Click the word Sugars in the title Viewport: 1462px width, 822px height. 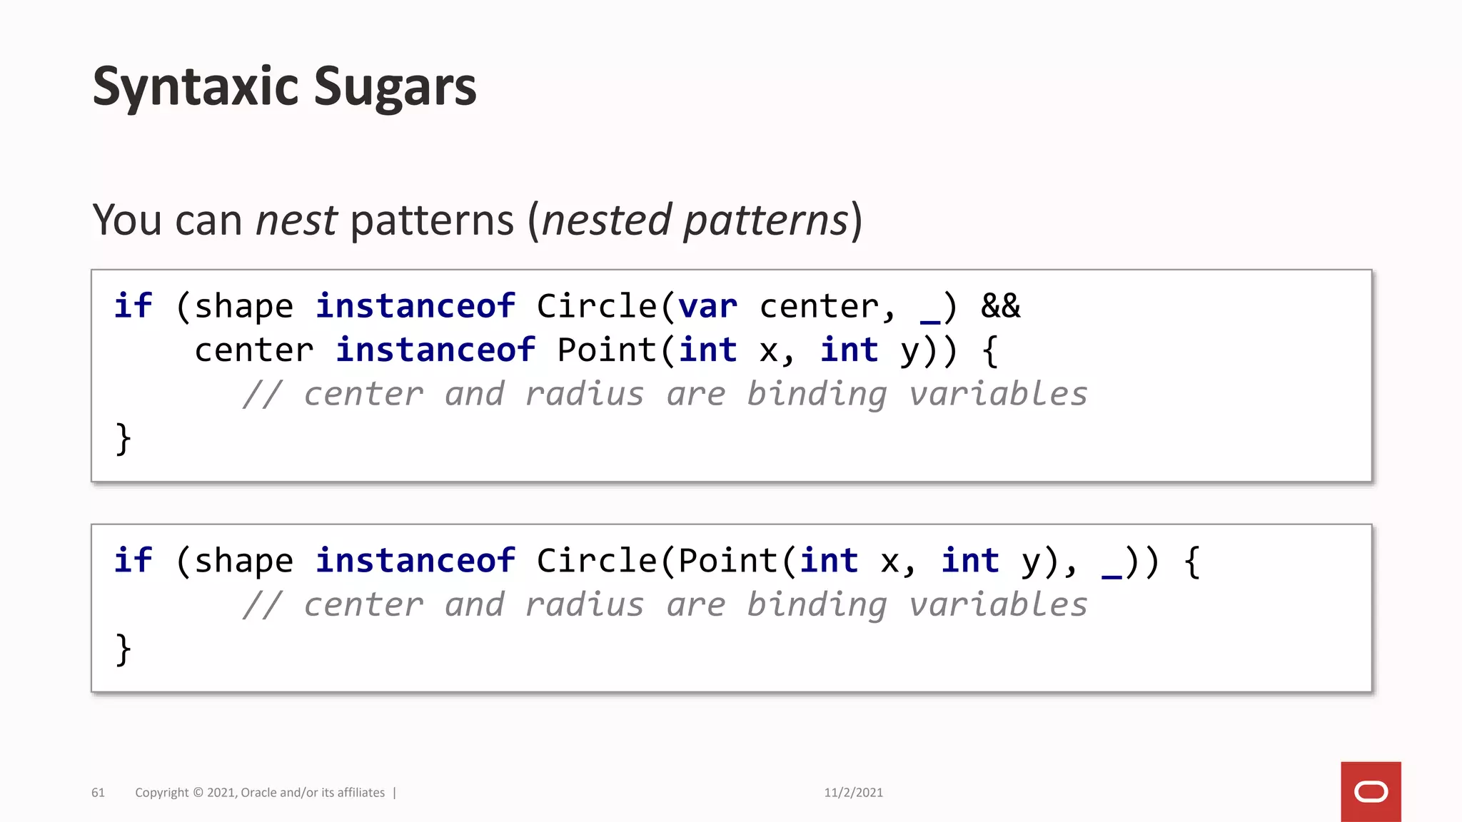click(x=394, y=87)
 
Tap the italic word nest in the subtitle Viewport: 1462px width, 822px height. click(x=296, y=220)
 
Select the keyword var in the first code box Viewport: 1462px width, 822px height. click(x=707, y=307)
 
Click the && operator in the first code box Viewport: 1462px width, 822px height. click(x=1000, y=307)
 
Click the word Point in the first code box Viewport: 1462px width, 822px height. click(x=608, y=350)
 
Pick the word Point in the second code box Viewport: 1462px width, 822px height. click(x=727, y=561)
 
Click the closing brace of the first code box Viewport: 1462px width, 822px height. click(x=123, y=438)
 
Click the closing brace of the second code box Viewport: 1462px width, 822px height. click(x=123, y=649)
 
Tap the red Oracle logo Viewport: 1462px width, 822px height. click(x=1371, y=791)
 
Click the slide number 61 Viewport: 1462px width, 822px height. click(x=98, y=793)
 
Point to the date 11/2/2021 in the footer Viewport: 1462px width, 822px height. click(x=853, y=793)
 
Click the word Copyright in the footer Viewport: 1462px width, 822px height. click(x=162, y=793)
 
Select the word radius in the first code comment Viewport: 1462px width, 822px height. click(x=584, y=395)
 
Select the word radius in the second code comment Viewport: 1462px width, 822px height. click(x=584, y=605)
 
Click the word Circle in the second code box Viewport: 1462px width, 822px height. click(x=597, y=561)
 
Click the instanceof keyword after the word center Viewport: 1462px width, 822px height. click(x=435, y=350)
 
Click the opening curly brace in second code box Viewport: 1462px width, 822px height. click(x=1191, y=561)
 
